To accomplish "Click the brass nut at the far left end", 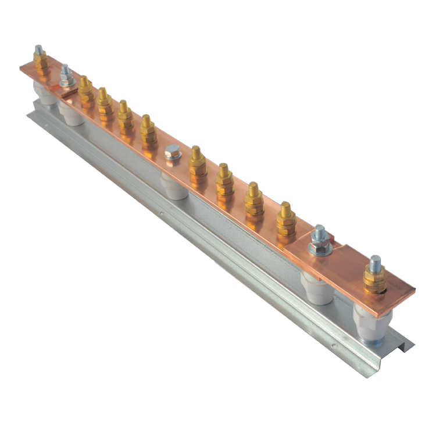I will tap(40, 62).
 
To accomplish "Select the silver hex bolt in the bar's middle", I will tap(172, 152).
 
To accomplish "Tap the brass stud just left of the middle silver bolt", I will tap(148, 131).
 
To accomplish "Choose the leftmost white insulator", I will tap(43, 93).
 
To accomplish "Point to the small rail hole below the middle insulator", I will tap(162, 213).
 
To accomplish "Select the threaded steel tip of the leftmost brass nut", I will tap(39, 49).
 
